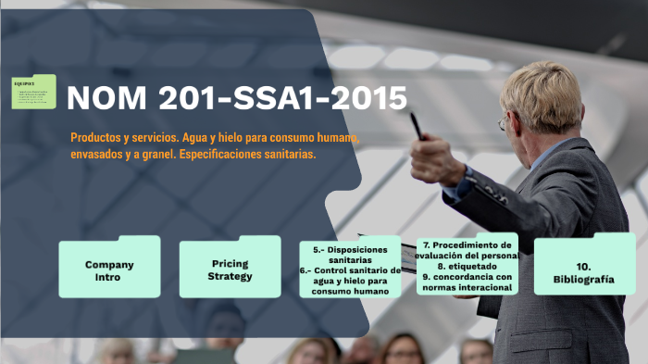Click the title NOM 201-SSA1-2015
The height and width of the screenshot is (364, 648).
pyautogui.click(x=237, y=97)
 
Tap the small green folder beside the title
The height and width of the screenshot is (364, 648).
pyautogui.click(x=33, y=92)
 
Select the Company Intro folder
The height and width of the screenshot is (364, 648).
pyautogui.click(x=109, y=270)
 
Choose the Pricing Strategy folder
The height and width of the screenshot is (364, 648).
pyautogui.click(x=230, y=270)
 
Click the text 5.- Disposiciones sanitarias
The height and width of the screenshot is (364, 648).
pyautogui.click(x=350, y=255)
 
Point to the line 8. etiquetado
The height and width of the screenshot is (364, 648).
pyautogui.click(x=467, y=266)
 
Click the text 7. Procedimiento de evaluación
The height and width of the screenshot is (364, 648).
pyautogui.click(x=467, y=250)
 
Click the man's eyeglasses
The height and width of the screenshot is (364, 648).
pyautogui.click(x=505, y=121)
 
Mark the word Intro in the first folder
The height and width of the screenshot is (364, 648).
pyautogui.click(x=109, y=276)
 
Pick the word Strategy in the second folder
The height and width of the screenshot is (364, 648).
pyautogui.click(x=230, y=276)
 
